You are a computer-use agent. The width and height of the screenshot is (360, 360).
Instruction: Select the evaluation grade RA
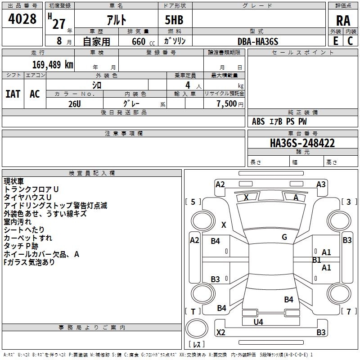click(343, 20)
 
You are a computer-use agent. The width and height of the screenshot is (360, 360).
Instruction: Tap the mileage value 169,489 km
click(53, 64)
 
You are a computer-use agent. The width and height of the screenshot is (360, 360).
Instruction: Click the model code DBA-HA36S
click(258, 41)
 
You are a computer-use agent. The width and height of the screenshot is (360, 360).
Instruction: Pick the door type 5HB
click(174, 20)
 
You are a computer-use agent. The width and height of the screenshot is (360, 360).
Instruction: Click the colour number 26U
click(74, 103)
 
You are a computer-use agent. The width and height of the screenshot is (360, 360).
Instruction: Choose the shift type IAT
click(13, 94)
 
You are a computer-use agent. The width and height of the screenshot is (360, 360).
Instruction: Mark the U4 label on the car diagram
click(258, 322)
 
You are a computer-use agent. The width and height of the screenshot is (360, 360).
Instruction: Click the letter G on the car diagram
click(284, 237)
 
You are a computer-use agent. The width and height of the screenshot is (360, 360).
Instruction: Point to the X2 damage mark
click(221, 333)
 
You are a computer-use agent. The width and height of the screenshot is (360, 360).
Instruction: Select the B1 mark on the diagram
click(317, 260)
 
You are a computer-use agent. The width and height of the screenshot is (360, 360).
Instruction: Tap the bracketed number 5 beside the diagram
click(193, 202)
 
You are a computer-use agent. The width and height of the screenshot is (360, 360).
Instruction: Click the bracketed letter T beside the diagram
click(193, 312)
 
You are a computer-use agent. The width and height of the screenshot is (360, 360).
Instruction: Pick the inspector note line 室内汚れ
click(18, 221)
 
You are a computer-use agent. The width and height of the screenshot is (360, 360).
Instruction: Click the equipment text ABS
click(258, 121)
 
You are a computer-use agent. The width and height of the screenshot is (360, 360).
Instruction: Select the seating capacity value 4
click(187, 85)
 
